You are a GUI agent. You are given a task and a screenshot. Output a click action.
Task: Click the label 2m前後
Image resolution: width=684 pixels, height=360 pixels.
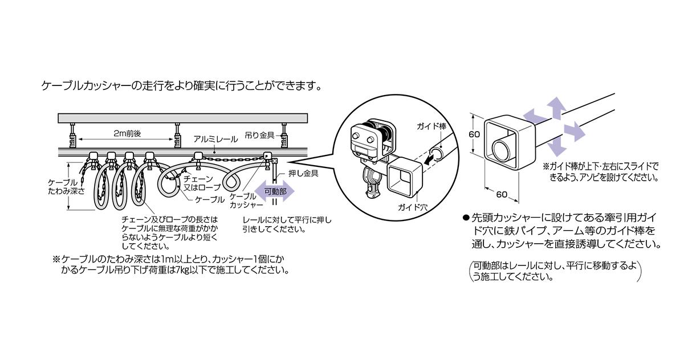(x=126, y=133)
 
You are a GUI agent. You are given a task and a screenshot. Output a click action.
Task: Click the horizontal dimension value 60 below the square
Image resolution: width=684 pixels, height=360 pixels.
(x=501, y=195)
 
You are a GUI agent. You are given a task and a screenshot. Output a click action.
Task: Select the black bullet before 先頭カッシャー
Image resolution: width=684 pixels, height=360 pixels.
(x=465, y=218)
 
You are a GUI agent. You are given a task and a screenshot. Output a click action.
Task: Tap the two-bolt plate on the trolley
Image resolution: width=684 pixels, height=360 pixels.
(x=364, y=136)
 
